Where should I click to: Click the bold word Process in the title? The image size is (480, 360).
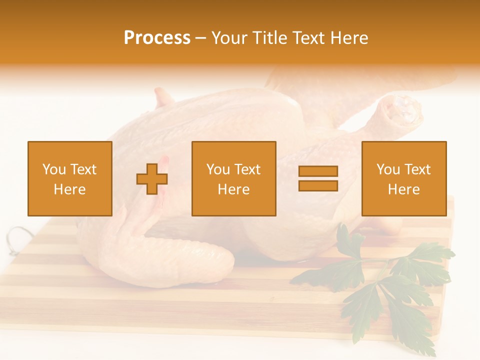[x=157, y=38]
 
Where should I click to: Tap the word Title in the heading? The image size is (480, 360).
[x=271, y=38]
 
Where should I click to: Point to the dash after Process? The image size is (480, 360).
[x=200, y=38]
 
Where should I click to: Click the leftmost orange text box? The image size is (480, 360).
[x=70, y=178]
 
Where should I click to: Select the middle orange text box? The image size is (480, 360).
[x=234, y=178]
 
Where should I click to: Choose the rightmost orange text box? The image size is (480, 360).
[x=404, y=178]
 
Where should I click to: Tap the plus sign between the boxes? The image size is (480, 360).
[x=152, y=179]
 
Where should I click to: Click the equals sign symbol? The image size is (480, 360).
[x=318, y=178]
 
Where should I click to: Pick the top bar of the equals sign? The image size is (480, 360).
[x=318, y=171]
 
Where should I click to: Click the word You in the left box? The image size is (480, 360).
[x=54, y=169]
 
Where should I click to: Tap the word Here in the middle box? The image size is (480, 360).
[x=234, y=189]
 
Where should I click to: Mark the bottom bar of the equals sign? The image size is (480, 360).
[x=318, y=185]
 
